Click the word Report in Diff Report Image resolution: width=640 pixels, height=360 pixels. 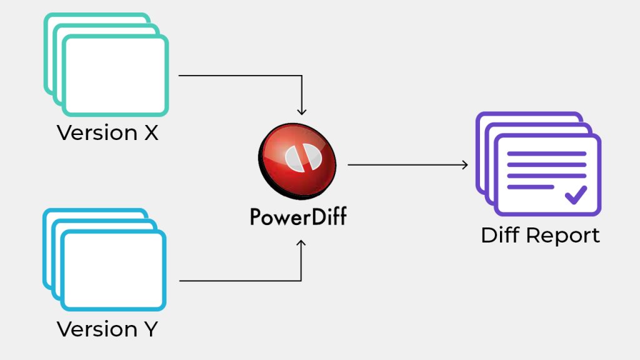tap(562, 236)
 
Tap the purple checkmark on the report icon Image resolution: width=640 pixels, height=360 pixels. tap(576, 194)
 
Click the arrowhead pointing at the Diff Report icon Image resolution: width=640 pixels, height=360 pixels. tap(464, 165)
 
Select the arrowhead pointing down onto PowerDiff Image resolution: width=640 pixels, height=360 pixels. tap(302, 112)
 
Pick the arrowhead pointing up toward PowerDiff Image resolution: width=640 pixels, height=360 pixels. tap(302, 243)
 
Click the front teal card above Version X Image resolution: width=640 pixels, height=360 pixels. tap(116, 76)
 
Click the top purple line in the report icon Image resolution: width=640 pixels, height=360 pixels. tap(546, 154)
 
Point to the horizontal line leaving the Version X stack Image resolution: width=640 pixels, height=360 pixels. tap(237, 76)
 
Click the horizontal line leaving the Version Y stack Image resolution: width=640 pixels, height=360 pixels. tap(237, 281)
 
